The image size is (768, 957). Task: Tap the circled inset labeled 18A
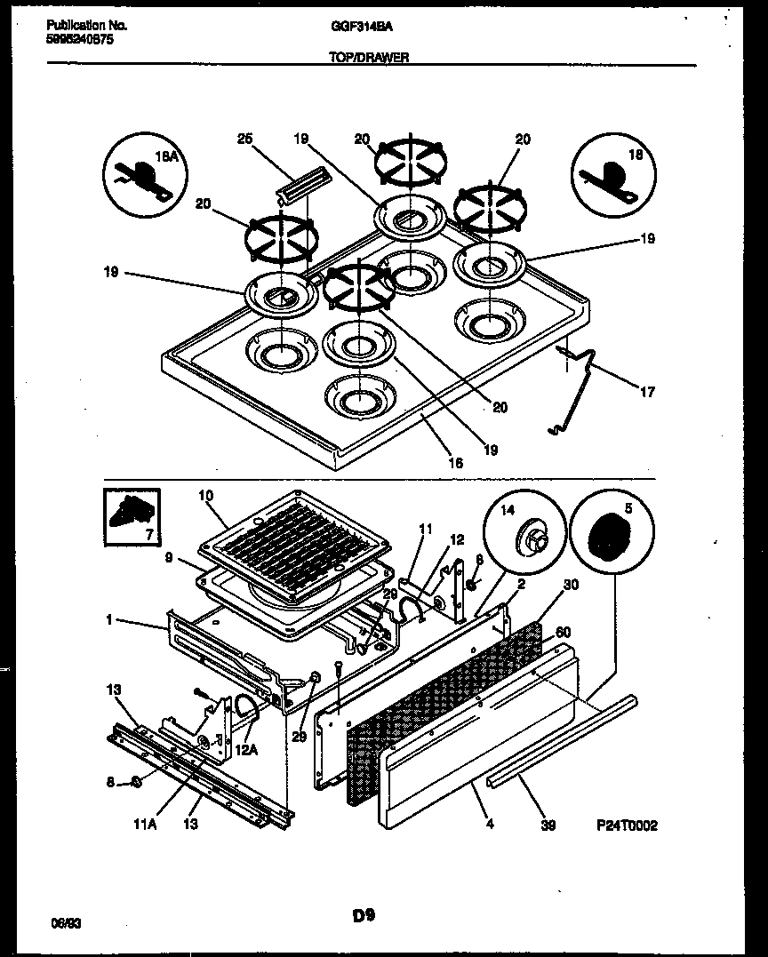click(x=142, y=173)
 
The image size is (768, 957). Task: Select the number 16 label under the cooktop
click(x=456, y=463)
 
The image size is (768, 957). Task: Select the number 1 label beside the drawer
click(x=109, y=620)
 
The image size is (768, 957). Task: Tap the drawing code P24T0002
click(x=627, y=825)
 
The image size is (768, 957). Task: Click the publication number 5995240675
click(x=79, y=41)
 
